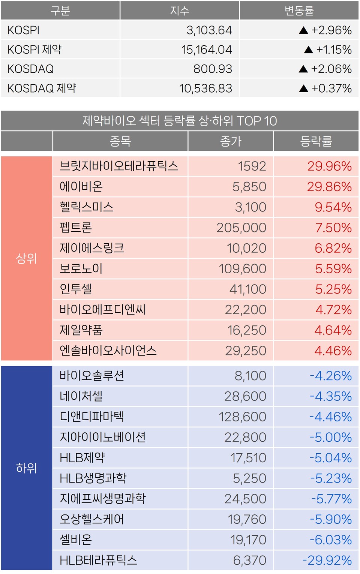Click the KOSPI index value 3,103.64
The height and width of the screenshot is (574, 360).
coord(209,30)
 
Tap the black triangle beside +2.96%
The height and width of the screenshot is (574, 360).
coord(303,30)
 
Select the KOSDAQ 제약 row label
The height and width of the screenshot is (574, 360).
coord(42,88)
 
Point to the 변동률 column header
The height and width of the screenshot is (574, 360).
coord(299,10)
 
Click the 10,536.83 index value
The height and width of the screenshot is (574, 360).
coord(205,88)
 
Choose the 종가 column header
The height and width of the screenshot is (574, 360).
coord(231,141)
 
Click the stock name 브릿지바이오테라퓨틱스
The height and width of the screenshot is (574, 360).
coord(118,166)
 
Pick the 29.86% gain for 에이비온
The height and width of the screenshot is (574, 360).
coord(329,187)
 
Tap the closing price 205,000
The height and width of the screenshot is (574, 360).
coord(241,228)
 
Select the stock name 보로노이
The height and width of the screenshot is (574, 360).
coord(81,268)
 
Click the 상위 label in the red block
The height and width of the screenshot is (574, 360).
coord(26,258)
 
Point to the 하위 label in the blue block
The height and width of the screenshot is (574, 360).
coord(26,468)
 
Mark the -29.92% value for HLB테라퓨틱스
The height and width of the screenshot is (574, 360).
coord(327,560)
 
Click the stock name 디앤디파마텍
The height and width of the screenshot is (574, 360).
coord(92,417)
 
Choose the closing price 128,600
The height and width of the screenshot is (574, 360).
coord(242,417)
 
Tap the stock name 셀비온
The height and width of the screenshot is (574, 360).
coord(76,540)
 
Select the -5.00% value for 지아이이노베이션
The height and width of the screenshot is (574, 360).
coord(330,437)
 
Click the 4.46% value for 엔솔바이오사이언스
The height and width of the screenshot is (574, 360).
coord(333,351)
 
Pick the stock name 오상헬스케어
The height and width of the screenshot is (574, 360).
coord(92,519)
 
